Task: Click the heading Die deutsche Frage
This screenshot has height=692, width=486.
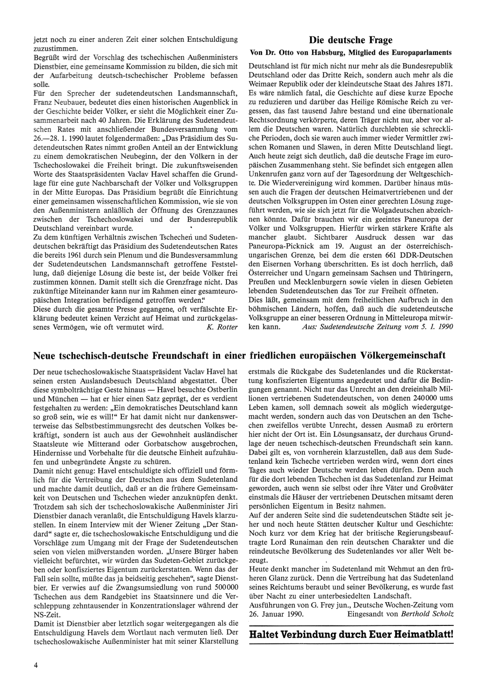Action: pos(350,40)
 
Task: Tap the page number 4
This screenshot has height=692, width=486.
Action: pos(35,665)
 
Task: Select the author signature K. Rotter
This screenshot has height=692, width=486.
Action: pos(222,327)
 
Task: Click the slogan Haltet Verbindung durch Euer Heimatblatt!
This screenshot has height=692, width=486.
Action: pos(350,635)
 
